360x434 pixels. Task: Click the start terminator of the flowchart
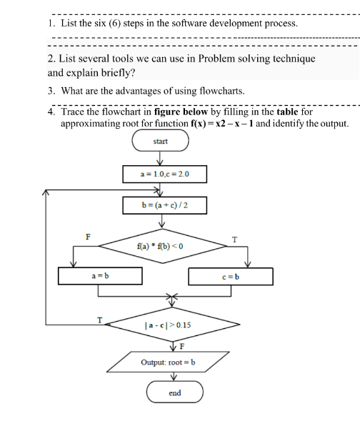tap(160, 142)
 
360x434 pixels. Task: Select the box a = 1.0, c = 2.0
tap(164, 174)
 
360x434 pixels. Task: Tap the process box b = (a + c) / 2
tap(164, 205)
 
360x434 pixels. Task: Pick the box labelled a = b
tap(100, 275)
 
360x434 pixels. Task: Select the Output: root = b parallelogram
tap(171, 362)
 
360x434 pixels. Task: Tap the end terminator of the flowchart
tap(175, 393)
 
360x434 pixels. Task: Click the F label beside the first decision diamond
tap(89, 236)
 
